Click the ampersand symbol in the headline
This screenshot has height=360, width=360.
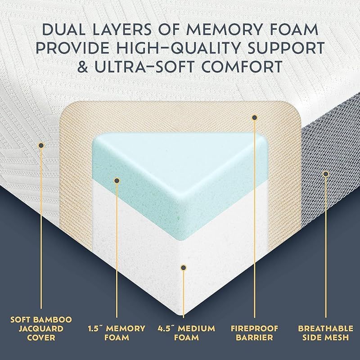click(x=83, y=67)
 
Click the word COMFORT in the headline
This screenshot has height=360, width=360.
click(x=242, y=67)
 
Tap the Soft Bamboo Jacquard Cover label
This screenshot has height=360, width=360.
click(x=41, y=328)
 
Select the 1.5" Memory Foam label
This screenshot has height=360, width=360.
click(x=117, y=333)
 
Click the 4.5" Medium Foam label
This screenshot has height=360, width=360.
click(x=186, y=333)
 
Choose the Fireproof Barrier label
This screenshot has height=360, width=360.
click(x=254, y=333)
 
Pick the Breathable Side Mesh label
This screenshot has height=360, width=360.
click(x=325, y=333)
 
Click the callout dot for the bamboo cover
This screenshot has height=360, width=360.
click(x=41, y=145)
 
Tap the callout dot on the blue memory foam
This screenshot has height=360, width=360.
click(x=117, y=180)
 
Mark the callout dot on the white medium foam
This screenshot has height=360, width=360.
click(x=183, y=267)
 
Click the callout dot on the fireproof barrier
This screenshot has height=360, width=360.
click(x=254, y=118)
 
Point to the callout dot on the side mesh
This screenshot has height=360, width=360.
click(x=325, y=174)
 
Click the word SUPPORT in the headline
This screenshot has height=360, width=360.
click(x=286, y=48)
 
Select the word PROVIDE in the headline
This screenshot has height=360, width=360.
click(x=72, y=48)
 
